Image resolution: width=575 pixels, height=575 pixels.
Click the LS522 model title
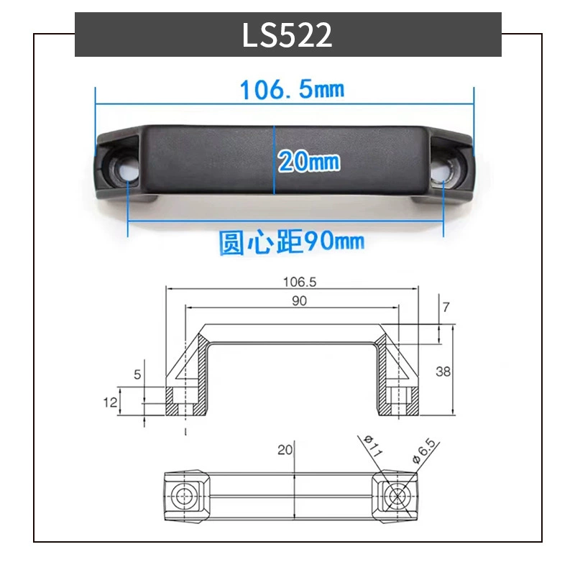tap(287, 34)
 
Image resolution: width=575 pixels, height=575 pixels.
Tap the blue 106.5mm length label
tap(293, 89)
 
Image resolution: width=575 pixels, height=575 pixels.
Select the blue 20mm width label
tap(309, 161)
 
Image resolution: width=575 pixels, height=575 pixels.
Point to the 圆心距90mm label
tap(292, 241)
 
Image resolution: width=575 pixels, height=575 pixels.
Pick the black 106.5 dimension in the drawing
tap(300, 282)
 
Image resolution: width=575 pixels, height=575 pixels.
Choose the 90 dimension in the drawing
tap(299, 300)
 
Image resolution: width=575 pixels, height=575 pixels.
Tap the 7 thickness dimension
tap(446, 307)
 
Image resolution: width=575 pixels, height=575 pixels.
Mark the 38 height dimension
tap(443, 372)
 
